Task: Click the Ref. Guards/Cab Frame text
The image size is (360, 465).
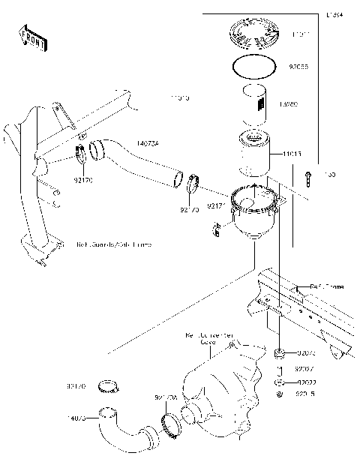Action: click(x=113, y=244)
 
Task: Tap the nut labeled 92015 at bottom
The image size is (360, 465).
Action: click(x=280, y=394)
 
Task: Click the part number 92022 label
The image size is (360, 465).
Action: click(x=304, y=382)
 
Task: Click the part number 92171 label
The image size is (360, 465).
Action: click(x=217, y=204)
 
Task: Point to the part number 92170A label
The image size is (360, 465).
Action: click(x=166, y=397)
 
